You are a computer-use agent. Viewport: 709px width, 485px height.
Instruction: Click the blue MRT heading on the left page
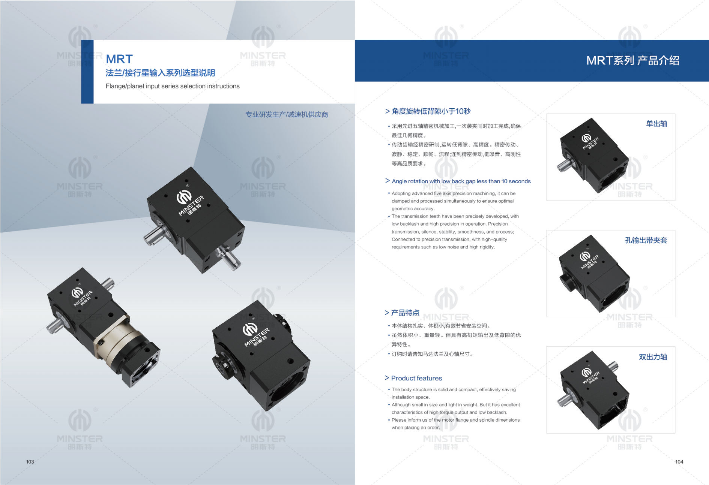(119, 59)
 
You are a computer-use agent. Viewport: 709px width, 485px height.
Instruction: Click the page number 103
(30, 462)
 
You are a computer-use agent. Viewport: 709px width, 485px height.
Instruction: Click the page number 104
(679, 462)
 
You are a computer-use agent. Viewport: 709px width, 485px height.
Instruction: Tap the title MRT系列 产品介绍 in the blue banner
(633, 60)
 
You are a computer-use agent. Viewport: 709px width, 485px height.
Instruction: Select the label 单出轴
(656, 124)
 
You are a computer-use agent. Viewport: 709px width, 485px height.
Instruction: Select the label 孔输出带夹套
(646, 240)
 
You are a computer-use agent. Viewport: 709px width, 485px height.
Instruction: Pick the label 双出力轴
(653, 357)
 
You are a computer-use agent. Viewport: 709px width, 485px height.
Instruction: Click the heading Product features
(416, 378)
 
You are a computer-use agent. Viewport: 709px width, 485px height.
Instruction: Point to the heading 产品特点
(405, 313)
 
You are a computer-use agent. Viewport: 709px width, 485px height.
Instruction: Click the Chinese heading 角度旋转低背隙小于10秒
(431, 111)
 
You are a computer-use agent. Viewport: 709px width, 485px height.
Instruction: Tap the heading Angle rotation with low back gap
(461, 181)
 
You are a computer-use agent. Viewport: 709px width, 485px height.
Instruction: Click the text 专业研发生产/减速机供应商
(287, 114)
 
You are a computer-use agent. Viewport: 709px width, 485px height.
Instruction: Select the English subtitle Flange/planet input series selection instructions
(173, 86)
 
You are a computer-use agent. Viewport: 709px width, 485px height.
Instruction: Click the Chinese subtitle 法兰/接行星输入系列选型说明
(160, 73)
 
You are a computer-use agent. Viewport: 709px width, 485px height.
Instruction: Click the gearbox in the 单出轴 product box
(593, 156)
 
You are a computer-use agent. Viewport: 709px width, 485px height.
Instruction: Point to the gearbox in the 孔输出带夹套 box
(594, 274)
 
